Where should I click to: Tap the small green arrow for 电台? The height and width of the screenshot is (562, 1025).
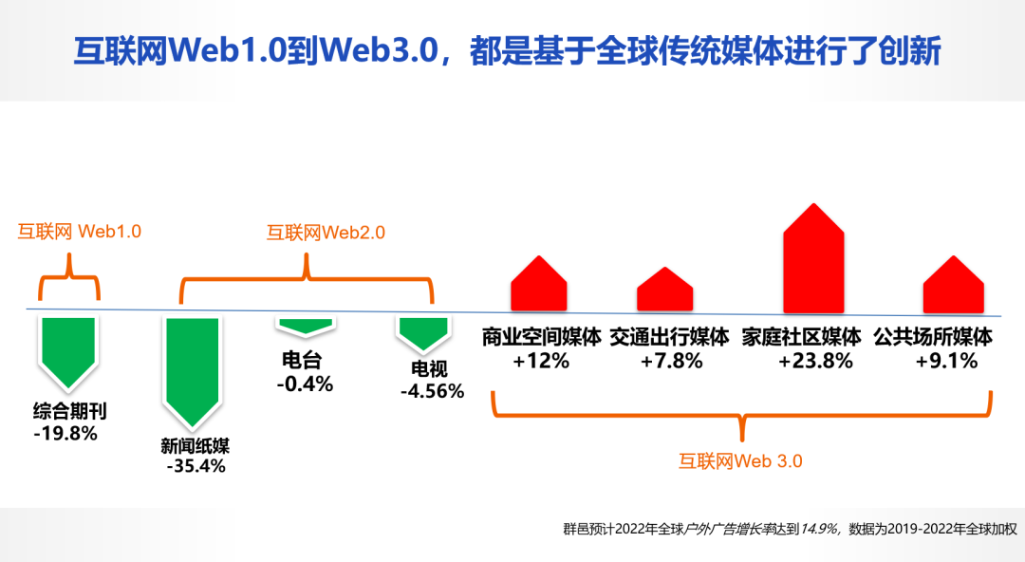click(x=306, y=326)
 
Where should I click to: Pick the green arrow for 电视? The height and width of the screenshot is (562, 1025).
click(x=423, y=332)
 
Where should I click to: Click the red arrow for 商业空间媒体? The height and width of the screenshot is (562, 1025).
click(x=539, y=284)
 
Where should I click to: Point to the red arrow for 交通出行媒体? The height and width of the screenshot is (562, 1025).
click(x=664, y=290)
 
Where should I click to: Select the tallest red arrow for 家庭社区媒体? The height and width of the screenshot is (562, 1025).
click(x=814, y=258)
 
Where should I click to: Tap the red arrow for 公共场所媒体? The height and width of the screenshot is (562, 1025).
click(x=954, y=285)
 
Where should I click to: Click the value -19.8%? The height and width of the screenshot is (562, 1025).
click(x=65, y=433)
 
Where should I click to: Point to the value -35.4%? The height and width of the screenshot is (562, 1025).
click(x=196, y=466)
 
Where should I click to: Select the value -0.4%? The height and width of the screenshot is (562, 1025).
click(x=305, y=384)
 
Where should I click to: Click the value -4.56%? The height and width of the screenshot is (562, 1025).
click(x=432, y=391)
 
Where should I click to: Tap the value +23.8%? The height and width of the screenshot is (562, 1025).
click(x=815, y=361)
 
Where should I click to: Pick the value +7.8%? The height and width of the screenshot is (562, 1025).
click(x=671, y=361)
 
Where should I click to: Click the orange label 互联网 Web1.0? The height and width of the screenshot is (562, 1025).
click(x=79, y=232)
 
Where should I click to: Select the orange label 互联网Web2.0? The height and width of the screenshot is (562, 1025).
click(x=326, y=233)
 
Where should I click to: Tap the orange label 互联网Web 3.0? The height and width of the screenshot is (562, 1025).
click(x=740, y=461)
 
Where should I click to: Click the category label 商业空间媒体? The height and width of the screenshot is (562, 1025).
click(x=541, y=337)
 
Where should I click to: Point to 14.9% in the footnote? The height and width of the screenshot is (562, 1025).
click(x=819, y=529)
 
